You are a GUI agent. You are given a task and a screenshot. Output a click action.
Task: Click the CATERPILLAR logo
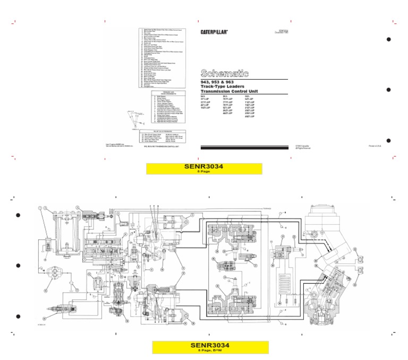point(215,32)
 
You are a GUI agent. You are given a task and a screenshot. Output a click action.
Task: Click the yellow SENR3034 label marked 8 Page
point(204,168)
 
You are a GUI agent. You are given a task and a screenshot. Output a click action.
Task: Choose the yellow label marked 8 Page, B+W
point(204,347)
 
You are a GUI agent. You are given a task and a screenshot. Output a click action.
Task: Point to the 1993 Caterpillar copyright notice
point(303,147)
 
